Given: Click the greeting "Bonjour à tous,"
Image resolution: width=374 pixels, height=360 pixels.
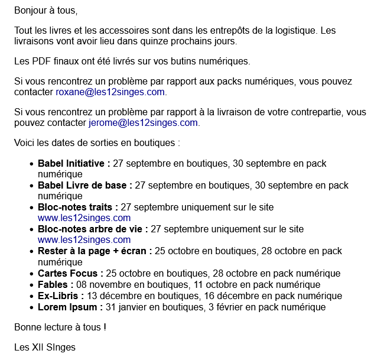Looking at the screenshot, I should pos(45,11).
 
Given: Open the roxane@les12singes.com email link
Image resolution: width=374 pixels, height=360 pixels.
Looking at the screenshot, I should pos(110,92).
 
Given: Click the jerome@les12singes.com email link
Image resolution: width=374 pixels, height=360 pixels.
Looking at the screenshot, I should pos(144,123).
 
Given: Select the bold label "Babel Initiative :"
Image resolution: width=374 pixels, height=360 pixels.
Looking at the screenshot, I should pos(74,164).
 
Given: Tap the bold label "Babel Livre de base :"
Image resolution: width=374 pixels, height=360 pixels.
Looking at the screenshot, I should pos(85,186).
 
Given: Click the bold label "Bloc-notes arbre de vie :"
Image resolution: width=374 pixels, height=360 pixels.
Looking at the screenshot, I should pos(93,229).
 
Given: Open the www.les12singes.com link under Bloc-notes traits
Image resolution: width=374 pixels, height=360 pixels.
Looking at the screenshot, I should pos(84,218).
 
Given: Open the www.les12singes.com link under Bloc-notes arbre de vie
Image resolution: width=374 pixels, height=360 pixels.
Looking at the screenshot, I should pos(84,240).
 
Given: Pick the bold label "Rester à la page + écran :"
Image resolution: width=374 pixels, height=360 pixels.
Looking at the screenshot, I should pos(95,251).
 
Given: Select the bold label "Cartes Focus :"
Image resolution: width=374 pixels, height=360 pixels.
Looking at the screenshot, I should pos(70,273).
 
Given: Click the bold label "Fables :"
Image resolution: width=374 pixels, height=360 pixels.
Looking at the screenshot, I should pos(56,284).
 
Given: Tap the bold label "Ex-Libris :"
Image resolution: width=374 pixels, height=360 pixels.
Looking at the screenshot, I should pos(60,296).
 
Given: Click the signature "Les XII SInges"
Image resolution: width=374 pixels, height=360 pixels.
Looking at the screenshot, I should pos(45,347).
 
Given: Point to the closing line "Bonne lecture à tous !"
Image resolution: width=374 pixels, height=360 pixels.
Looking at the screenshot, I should pos(60,327).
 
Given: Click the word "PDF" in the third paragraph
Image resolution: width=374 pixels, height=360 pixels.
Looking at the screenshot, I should pos(40,61).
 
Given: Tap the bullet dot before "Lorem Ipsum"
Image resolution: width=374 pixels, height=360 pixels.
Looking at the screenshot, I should pos(31,307).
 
